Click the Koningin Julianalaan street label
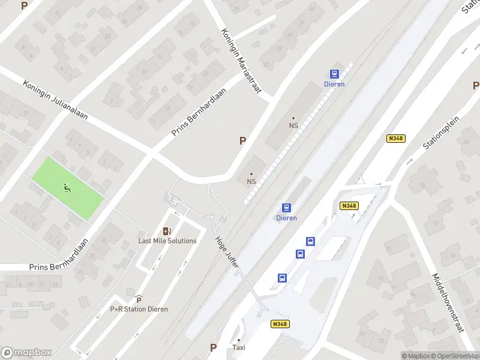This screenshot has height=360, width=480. tap(55, 100)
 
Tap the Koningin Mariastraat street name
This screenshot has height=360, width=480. tap(242, 61)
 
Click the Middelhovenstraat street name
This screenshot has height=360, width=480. tap(449, 303)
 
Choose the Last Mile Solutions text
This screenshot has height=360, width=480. tap(167, 241)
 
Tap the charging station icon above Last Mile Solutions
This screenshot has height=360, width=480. tap(167, 231)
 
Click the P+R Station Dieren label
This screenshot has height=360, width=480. tap(139, 309)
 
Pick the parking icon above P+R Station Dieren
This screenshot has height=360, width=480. tap(139, 299)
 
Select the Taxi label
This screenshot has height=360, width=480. tap(239, 348)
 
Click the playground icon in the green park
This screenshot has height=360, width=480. tap(67, 188)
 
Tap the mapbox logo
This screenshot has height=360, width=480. tap(26, 353)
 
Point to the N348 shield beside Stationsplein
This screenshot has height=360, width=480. tap(396, 139)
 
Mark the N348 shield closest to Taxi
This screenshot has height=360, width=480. tap(280, 325)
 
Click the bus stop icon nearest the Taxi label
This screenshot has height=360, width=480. tap(282, 278)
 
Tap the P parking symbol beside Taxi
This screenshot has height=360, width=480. tap(213, 347)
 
